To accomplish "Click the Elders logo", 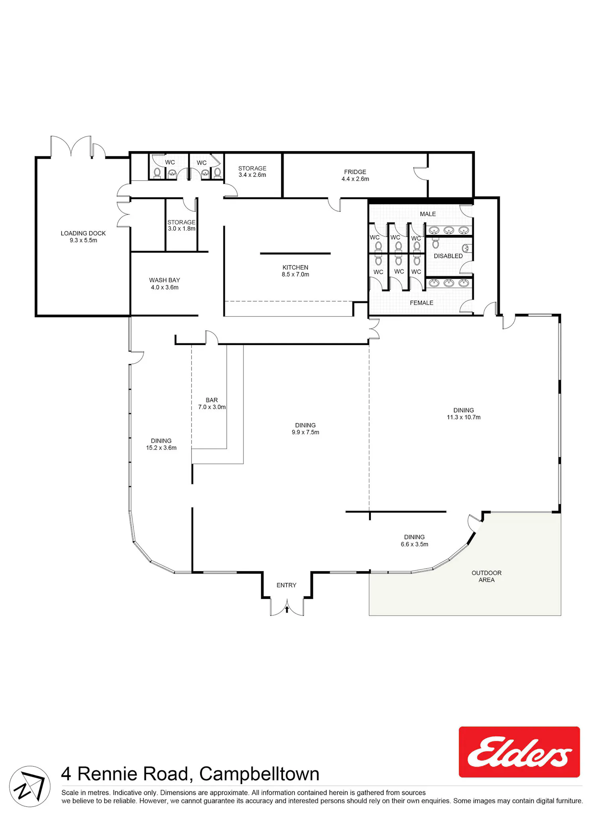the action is [x=519, y=752].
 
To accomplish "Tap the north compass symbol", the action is [x=30, y=786].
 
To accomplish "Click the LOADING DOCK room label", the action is [x=83, y=237].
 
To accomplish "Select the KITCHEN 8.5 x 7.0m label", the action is [x=295, y=271].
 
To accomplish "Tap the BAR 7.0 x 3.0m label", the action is [x=212, y=403].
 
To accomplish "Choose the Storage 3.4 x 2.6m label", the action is [x=252, y=171].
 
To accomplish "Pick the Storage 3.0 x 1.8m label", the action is [x=181, y=225].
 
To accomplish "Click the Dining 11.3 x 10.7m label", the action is [x=464, y=414].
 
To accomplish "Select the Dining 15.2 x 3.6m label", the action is [x=161, y=444].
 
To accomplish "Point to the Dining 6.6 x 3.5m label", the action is [x=415, y=540].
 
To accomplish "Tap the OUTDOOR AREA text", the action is [x=487, y=576].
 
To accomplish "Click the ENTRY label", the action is [x=287, y=585].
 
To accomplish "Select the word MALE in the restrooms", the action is [x=428, y=214].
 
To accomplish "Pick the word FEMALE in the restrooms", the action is [x=421, y=303].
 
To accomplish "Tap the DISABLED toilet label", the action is [x=448, y=256].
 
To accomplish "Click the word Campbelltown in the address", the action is [x=259, y=774].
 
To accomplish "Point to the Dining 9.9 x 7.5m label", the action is [x=305, y=429].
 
